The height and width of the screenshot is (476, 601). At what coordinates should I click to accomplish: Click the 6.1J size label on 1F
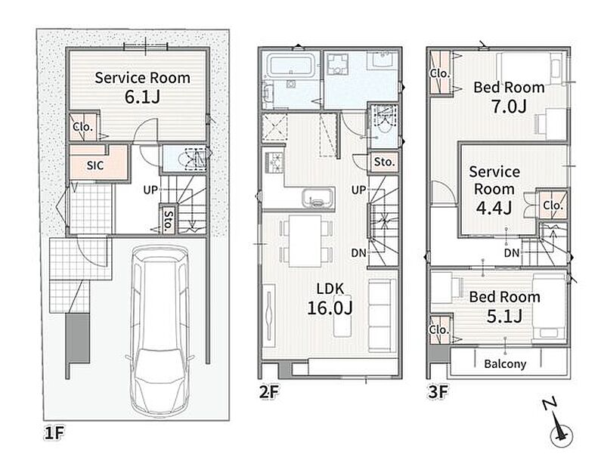point(142,97)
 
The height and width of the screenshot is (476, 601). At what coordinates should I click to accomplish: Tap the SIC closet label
point(95,165)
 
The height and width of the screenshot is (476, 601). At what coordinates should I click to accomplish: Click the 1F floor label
point(54,433)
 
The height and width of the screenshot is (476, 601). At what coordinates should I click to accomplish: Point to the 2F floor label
point(269,391)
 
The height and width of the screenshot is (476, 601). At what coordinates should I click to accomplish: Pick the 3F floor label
point(438,391)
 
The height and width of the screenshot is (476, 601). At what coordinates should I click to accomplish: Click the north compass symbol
point(559,425)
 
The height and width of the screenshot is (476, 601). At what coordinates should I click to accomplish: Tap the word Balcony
point(505,363)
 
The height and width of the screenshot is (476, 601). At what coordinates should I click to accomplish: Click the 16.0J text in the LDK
point(330,308)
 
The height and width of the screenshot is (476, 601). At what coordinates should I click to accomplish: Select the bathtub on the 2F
point(291,64)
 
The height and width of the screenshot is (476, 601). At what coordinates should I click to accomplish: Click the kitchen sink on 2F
point(318,198)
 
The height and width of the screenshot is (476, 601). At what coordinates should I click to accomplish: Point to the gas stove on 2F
point(274,163)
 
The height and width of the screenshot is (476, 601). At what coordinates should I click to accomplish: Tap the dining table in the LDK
point(305,240)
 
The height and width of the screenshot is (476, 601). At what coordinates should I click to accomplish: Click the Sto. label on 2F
point(384,162)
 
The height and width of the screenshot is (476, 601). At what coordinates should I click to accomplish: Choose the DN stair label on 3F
point(512,252)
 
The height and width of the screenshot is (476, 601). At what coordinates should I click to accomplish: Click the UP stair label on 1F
point(150,190)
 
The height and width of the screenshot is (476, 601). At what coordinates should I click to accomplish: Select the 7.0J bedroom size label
point(509,107)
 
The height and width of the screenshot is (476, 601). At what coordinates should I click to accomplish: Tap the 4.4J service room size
point(494,208)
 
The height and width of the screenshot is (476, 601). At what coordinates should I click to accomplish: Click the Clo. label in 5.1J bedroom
point(438,329)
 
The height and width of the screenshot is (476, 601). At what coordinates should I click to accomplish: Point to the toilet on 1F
point(193,158)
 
